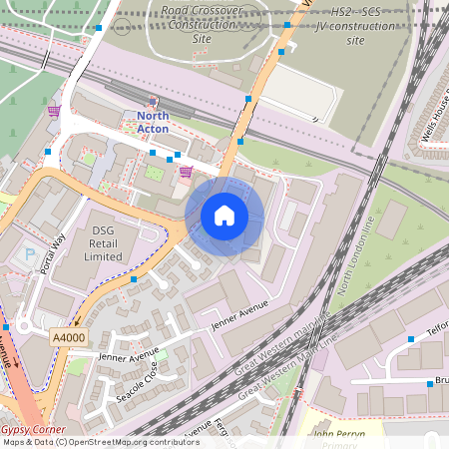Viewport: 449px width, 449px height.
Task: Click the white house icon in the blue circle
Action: [x=224, y=216]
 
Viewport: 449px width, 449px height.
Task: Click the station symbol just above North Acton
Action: [x=153, y=101]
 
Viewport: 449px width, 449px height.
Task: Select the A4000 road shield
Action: [x=67, y=338]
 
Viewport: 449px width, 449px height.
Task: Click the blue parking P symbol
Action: [x=29, y=254]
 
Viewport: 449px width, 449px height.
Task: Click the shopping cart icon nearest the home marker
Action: [x=186, y=172]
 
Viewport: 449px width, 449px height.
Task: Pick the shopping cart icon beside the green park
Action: [x=54, y=111]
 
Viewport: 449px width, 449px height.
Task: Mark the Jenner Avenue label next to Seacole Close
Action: [x=128, y=354]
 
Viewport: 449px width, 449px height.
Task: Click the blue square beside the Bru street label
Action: [x=430, y=383]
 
